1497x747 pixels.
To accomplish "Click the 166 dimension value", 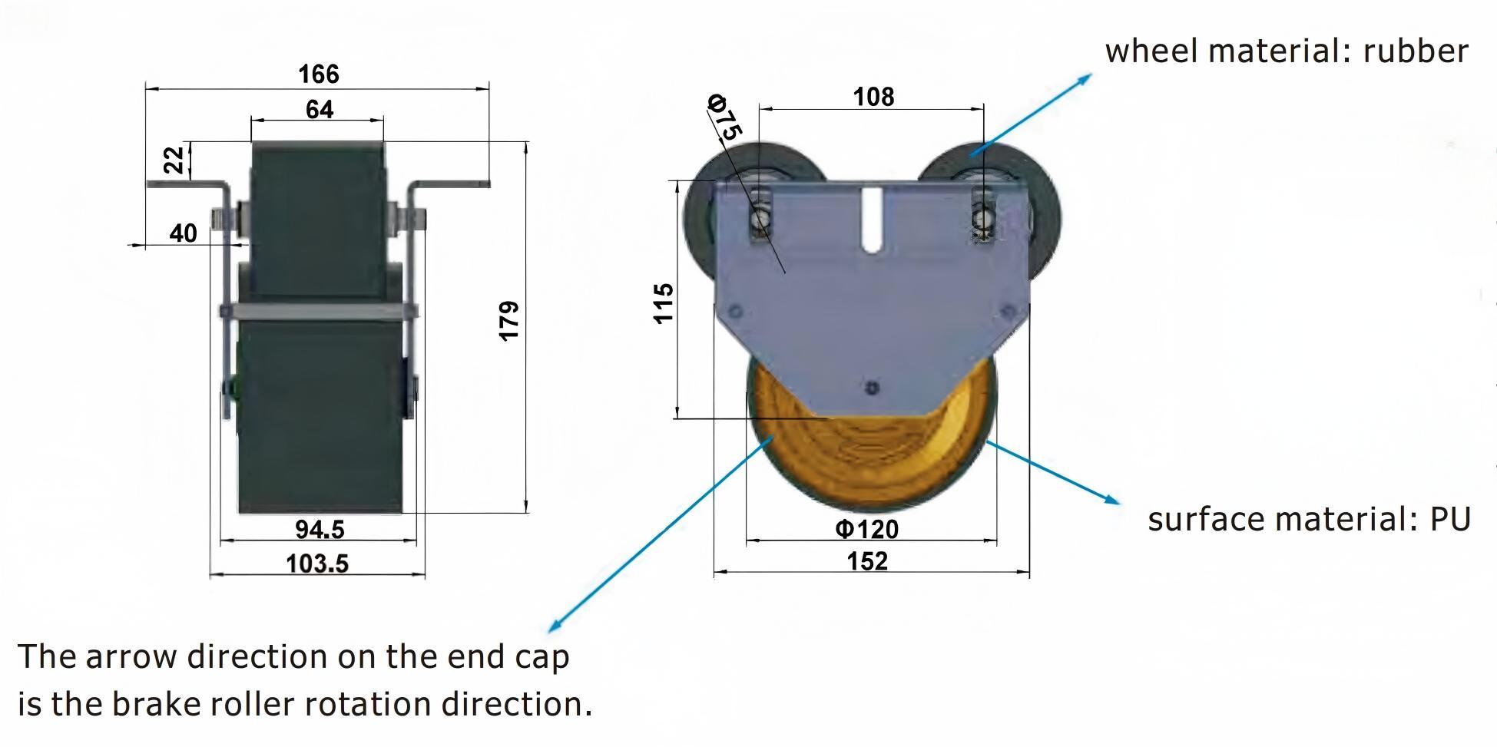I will click(318, 74).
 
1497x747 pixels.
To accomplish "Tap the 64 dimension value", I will click(320, 110).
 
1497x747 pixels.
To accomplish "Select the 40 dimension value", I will click(183, 233).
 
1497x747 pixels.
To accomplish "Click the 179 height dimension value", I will click(509, 321).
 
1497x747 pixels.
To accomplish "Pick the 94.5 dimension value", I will click(320, 529).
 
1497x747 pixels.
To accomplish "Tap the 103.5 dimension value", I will click(316, 564).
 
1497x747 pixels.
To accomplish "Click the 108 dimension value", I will click(873, 97).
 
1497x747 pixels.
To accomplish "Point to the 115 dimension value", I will click(664, 303).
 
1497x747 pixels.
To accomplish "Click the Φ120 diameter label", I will click(866, 529).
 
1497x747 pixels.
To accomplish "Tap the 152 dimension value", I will click(867, 561).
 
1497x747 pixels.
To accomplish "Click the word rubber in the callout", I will click(1415, 51).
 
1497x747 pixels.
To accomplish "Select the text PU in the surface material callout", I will click(1449, 520).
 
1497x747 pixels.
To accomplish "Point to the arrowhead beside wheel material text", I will click(1085, 78).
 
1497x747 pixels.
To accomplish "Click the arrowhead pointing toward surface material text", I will click(1113, 500).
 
